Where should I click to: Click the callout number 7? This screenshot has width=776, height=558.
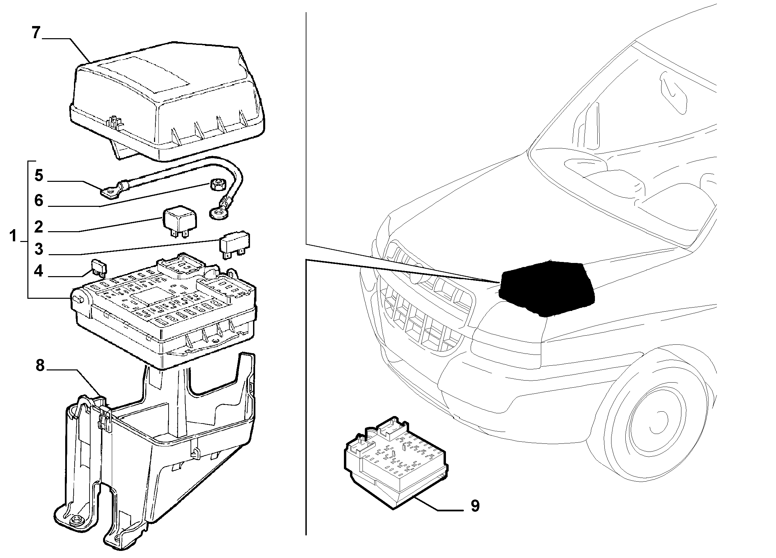coord(36,33)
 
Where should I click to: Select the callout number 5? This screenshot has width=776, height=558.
coord(39,175)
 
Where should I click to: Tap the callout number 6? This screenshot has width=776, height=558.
coord(39,201)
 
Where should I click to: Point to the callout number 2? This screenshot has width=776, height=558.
coord(39,227)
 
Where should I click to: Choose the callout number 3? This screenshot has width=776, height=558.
coord(39,249)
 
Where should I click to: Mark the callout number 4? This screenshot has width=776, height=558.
coord(39,271)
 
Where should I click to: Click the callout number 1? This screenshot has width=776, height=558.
coord(13,236)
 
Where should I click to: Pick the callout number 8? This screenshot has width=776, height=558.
coord(41,365)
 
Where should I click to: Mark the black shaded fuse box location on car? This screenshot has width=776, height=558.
coord(546,288)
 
